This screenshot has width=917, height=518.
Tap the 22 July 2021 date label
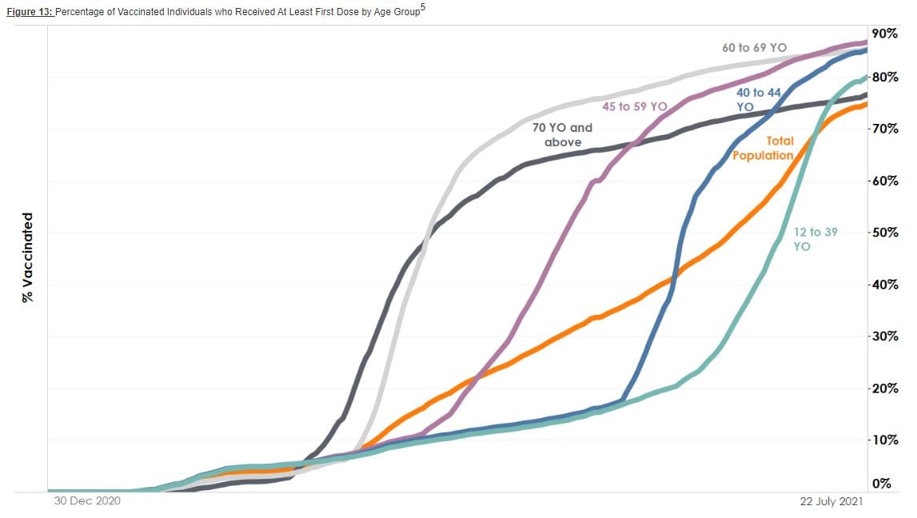[831, 501]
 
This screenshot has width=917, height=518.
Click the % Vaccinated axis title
[28, 257]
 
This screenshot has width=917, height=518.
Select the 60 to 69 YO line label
[754, 48]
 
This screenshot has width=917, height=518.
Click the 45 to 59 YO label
[634, 106]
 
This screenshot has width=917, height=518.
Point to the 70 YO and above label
[562, 134]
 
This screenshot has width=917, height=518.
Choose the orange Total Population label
[763, 148]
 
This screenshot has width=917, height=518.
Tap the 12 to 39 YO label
[815, 239]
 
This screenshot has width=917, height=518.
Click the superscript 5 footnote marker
[422, 7]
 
